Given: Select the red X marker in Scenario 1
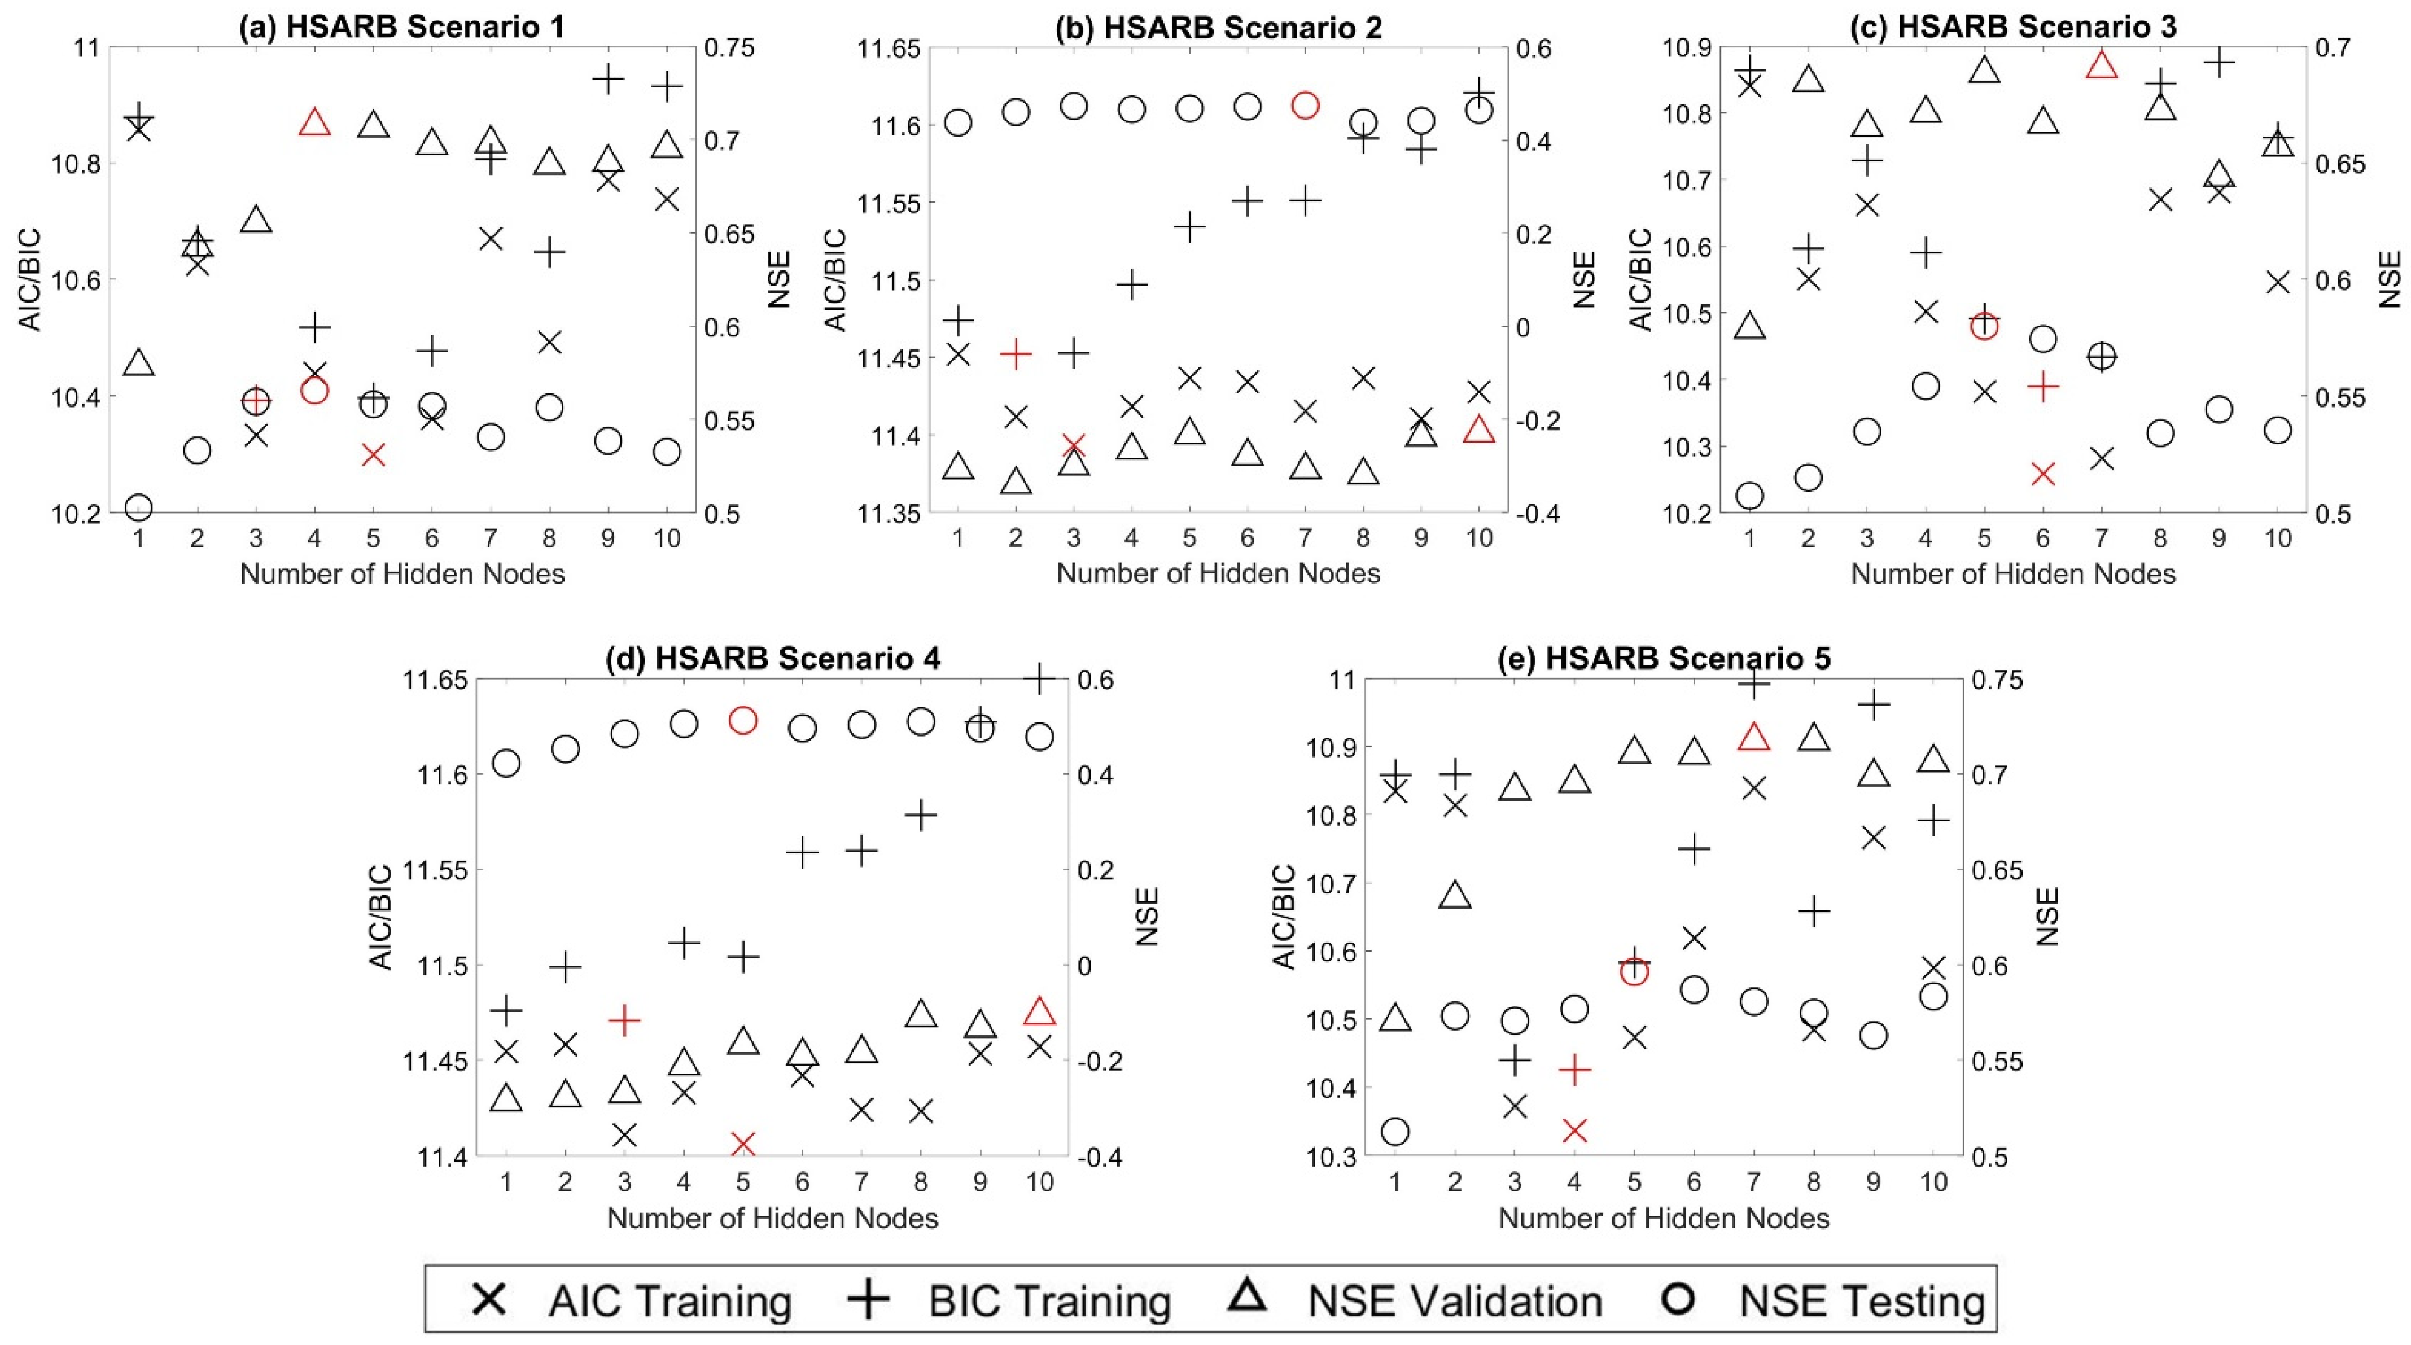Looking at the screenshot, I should click(x=374, y=455).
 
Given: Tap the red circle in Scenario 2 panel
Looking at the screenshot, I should click(x=1305, y=105).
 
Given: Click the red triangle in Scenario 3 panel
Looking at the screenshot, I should click(x=2101, y=64).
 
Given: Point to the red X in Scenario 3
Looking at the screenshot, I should click(x=2043, y=474).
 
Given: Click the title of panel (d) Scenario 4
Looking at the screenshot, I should click(x=773, y=658).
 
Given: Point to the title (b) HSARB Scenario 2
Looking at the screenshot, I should click(x=1219, y=27).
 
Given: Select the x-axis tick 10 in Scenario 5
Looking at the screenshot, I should click(x=1933, y=1181).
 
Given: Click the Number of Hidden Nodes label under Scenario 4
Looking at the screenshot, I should click(x=773, y=1217).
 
